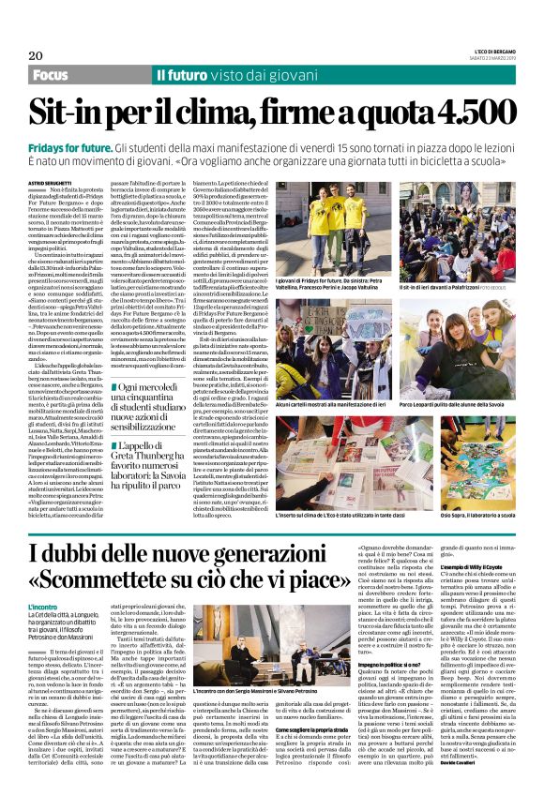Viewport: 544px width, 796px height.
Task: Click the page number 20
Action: [x=36, y=55]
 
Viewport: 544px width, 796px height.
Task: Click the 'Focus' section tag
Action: [x=54, y=75]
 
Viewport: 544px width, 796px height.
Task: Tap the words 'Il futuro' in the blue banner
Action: [x=187, y=75]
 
